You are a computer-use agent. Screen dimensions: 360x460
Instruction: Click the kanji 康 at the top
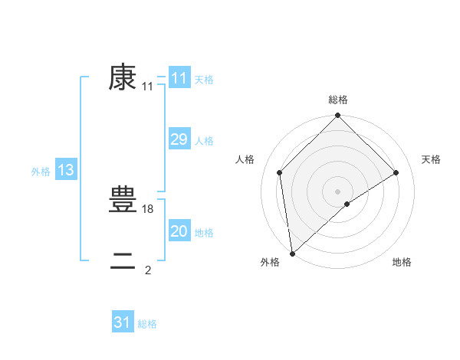[x=123, y=78]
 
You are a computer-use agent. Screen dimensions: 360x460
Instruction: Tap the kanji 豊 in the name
[x=123, y=200]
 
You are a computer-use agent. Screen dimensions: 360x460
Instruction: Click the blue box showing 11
[x=179, y=78]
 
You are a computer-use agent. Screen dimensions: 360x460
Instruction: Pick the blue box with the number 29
[x=179, y=139]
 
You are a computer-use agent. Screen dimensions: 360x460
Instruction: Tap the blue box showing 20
[x=179, y=231]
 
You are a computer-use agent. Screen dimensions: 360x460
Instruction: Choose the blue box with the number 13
[x=66, y=170]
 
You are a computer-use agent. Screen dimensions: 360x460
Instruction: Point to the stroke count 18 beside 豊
[x=149, y=208]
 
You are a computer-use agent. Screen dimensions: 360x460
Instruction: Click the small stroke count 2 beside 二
[x=148, y=270]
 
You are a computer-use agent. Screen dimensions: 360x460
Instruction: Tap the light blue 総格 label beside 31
[x=147, y=324]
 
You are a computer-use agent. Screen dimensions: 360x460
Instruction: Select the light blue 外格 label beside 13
[x=41, y=172]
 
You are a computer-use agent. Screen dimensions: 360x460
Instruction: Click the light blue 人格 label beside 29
[x=204, y=141]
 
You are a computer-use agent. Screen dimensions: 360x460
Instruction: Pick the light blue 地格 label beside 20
[x=204, y=233]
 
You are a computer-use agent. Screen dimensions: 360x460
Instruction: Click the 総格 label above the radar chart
[x=337, y=100]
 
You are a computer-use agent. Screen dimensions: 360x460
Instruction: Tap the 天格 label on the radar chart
[x=431, y=159]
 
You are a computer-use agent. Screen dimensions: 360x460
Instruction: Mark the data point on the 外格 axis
[x=292, y=253]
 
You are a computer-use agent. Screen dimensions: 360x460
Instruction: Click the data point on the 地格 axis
[x=347, y=204]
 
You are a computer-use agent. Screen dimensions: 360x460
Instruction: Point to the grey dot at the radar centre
[x=337, y=191]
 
